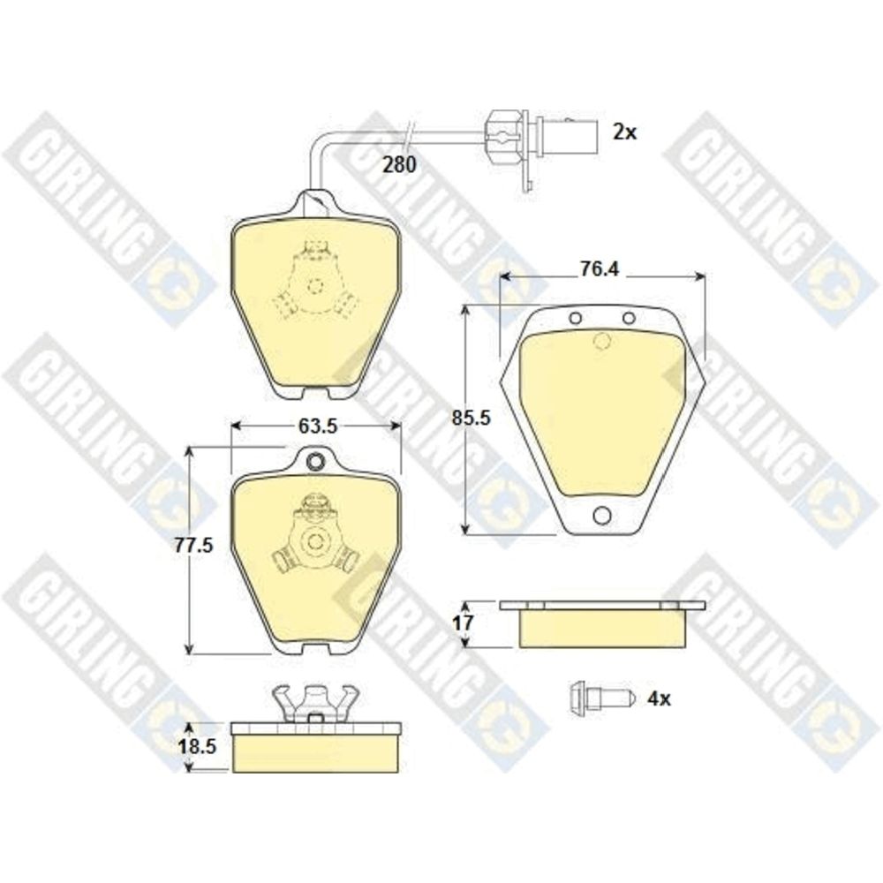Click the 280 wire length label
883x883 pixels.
tap(399, 164)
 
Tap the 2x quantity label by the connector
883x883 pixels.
tap(624, 132)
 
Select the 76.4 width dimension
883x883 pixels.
tap(600, 269)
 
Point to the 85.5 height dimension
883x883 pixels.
tap(472, 418)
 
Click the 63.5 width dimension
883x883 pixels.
tap(318, 426)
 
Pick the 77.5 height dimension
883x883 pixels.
tap(193, 545)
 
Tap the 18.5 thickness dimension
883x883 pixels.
tap(197, 747)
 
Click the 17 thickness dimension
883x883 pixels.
tap(463, 623)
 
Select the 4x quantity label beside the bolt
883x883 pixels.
tap(659, 698)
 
